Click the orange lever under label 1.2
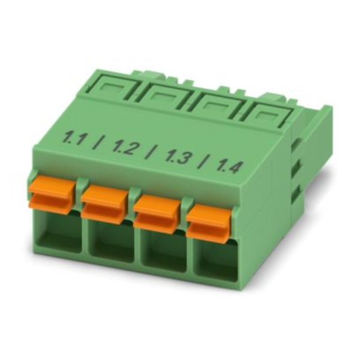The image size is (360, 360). click(105, 205)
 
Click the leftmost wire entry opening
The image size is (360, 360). click(59, 232)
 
